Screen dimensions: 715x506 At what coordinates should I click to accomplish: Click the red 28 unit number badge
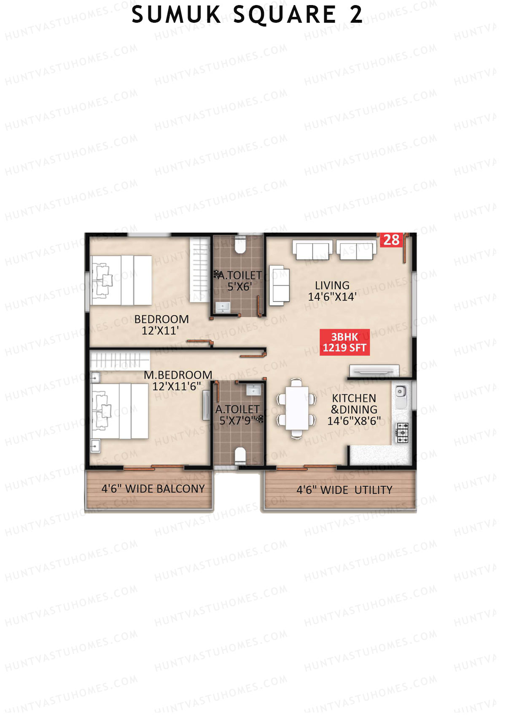(391, 240)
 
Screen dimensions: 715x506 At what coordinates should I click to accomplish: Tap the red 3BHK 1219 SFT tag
(345, 342)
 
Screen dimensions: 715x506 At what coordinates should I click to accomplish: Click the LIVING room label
(332, 285)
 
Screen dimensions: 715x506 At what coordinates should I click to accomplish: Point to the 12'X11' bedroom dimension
(160, 331)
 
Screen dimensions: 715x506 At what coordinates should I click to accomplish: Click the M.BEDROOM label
(178, 375)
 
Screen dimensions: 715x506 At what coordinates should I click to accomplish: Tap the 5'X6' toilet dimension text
(240, 287)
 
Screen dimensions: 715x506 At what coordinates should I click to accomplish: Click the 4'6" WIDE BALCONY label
(153, 489)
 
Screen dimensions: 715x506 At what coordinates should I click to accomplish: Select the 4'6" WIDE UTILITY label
(344, 490)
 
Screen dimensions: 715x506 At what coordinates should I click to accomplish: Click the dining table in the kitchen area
(296, 408)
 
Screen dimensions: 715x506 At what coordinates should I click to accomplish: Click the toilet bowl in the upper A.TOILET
(240, 245)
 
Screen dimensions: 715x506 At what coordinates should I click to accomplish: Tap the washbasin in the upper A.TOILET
(223, 308)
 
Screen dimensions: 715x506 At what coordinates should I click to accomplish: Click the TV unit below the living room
(374, 370)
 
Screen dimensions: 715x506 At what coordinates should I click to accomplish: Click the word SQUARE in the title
(285, 15)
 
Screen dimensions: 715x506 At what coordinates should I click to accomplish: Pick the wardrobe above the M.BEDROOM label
(120, 360)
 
